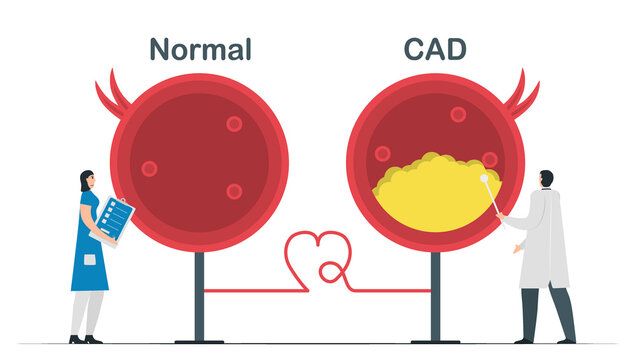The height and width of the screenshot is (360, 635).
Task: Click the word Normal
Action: (x=200, y=49)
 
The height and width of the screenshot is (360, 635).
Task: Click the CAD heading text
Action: (x=436, y=49)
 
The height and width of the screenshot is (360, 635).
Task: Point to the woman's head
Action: (x=87, y=181)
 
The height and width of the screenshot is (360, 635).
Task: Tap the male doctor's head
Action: (x=545, y=179)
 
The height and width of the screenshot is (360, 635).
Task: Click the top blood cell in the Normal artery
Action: (x=234, y=124)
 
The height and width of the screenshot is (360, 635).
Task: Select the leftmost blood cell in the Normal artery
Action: (x=149, y=168)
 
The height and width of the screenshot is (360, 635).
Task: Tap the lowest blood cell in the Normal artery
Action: (x=234, y=191)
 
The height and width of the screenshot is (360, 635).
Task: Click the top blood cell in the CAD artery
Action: (x=458, y=114)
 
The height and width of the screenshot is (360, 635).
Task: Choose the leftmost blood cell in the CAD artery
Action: (x=382, y=154)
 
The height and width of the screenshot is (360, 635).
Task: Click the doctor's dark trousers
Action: (x=546, y=310)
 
